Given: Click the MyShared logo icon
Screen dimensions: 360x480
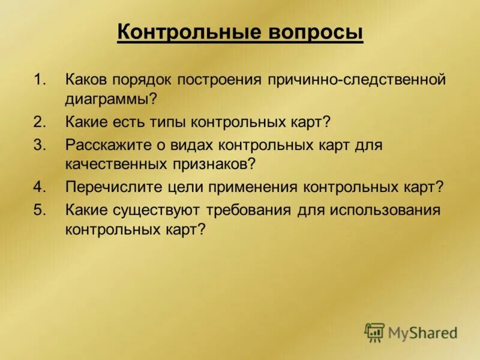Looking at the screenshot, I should [374, 332].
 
